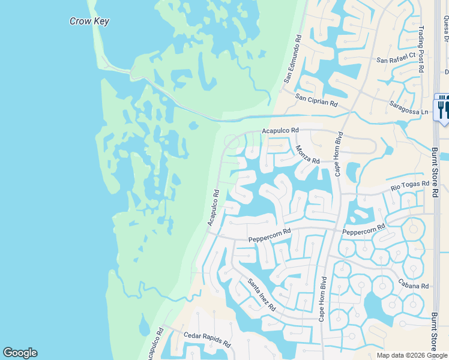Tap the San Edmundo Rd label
(x=292, y=58)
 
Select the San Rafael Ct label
(x=396, y=58)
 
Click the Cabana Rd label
(x=414, y=285)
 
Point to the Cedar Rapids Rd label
(x=207, y=340)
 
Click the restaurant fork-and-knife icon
(x=442, y=107)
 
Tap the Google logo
(x=20, y=353)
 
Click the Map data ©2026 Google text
(x=412, y=355)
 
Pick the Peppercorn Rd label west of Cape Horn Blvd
(x=270, y=235)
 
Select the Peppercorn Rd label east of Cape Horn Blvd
(x=364, y=230)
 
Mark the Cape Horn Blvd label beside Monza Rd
(x=339, y=154)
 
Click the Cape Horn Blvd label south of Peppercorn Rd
(x=322, y=298)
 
